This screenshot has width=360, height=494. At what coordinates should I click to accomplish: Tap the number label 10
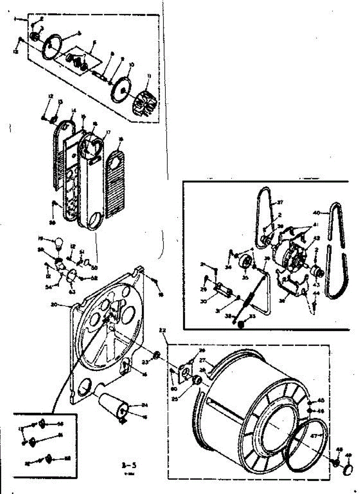point(131,65)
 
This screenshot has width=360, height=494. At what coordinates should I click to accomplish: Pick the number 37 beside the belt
point(281,202)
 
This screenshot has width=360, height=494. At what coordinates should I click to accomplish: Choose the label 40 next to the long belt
point(316,213)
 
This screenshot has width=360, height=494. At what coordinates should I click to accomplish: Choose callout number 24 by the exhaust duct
point(144,405)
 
